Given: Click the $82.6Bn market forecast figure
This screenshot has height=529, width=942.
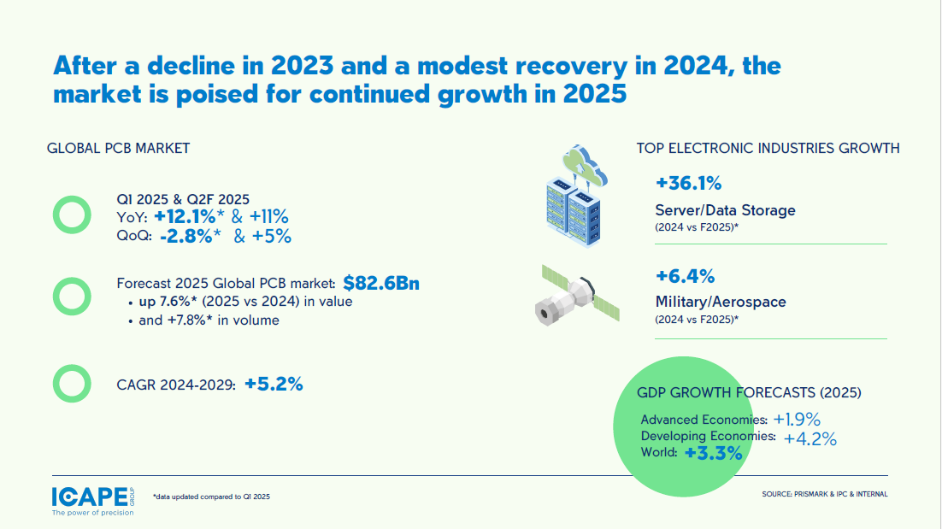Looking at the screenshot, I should [x=381, y=283].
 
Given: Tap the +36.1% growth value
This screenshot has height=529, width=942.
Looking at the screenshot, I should [x=689, y=183].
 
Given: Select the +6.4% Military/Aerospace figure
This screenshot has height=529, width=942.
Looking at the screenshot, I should [x=685, y=275].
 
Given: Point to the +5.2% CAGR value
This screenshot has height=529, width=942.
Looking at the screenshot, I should [x=274, y=385].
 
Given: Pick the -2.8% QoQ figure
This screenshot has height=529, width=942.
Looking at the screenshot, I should [x=185, y=237].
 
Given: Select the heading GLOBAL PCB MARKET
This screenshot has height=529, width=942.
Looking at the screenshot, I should [x=118, y=148].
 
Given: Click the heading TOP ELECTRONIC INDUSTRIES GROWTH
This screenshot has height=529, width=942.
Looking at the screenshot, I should [x=768, y=148].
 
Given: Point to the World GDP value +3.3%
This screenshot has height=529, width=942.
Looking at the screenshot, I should [x=713, y=454].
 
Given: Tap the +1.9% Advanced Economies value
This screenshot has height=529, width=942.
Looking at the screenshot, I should [x=797, y=420].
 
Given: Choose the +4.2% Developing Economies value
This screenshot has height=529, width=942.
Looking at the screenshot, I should [x=810, y=439].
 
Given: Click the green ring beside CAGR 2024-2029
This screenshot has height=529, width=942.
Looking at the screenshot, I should [x=72, y=385].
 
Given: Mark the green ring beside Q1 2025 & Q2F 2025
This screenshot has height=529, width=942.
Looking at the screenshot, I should [x=72, y=215].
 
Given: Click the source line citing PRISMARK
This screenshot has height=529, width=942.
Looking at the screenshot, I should [x=824, y=494].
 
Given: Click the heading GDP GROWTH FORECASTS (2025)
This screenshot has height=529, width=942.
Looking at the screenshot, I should [x=749, y=393].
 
